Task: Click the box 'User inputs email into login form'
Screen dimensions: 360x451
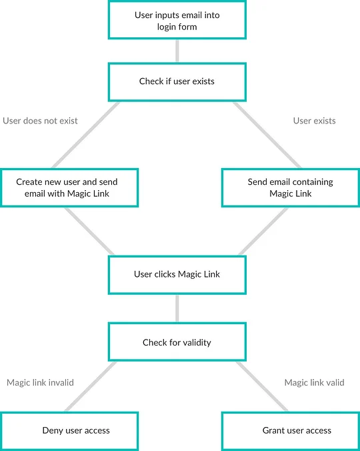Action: click(x=177, y=20)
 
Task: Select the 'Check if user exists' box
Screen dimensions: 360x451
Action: click(x=177, y=82)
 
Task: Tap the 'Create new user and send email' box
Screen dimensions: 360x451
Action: click(x=69, y=187)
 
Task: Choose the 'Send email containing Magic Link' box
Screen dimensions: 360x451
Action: click(x=291, y=187)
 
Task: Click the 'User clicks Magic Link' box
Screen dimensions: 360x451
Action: click(x=177, y=275)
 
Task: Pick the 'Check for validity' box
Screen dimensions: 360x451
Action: click(x=177, y=342)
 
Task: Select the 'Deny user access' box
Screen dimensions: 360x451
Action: click(x=69, y=431)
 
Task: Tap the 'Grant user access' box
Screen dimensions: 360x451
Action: click(x=291, y=431)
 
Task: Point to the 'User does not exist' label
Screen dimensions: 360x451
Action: click(x=40, y=121)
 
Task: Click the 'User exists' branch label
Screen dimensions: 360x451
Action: click(x=314, y=121)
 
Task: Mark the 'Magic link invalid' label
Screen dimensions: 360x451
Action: click(x=40, y=382)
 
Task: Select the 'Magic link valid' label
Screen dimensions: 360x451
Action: click(x=314, y=382)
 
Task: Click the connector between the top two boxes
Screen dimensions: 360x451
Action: click(x=177, y=51)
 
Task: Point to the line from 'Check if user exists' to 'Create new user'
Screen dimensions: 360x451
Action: click(x=85, y=135)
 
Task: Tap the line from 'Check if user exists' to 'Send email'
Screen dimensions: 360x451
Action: click(x=267, y=135)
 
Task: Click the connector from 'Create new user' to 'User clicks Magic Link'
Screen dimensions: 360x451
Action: click(x=89, y=232)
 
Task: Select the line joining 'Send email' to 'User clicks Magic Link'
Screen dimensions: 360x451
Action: click(x=263, y=232)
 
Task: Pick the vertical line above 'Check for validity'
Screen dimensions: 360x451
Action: click(x=177, y=309)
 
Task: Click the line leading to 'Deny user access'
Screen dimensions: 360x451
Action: click(x=91, y=386)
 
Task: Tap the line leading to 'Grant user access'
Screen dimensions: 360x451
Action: click(x=262, y=386)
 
